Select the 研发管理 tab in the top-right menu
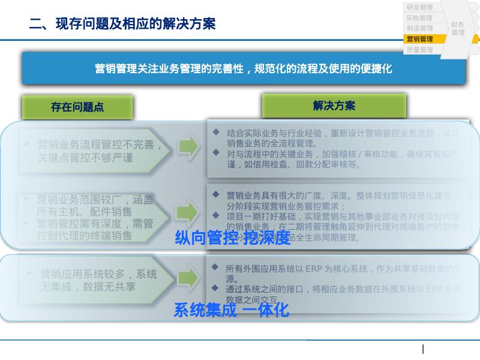[x=419, y=7]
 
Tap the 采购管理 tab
[x=419, y=18]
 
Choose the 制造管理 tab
[x=419, y=28]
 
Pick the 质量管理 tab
[x=419, y=50]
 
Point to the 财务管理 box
[x=458, y=28]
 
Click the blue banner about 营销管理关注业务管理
[x=244, y=68]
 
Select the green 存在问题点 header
[x=77, y=107]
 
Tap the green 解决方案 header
[x=334, y=106]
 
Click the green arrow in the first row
[x=187, y=146]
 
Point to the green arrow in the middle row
[x=187, y=211]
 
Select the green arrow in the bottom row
[x=187, y=277]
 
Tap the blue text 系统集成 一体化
[x=231, y=310]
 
